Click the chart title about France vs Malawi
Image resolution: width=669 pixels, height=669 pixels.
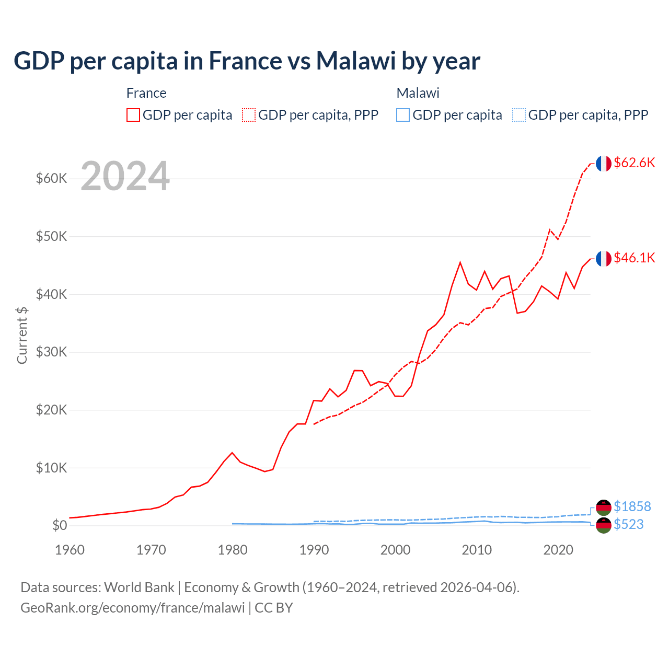point(247,61)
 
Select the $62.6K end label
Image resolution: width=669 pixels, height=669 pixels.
point(634,163)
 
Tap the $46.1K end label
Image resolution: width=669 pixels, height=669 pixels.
point(634,258)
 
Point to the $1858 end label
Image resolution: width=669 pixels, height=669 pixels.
point(632,506)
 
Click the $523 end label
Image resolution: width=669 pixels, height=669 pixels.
point(628,524)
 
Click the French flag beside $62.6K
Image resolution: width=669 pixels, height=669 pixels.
point(604,164)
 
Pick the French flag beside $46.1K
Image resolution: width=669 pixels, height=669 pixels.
point(604,259)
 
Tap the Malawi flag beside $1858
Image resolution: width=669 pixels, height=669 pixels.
point(604,507)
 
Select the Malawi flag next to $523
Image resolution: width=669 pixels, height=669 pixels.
point(604,525)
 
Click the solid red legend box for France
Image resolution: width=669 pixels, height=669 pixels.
point(133,115)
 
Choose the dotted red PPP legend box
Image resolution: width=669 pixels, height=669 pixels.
point(249,115)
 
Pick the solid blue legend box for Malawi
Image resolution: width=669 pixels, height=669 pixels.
point(403,115)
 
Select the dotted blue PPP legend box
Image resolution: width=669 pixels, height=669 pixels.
point(519,115)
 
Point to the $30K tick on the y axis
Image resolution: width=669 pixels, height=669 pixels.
point(51,352)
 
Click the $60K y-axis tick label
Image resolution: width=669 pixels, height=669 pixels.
point(51,179)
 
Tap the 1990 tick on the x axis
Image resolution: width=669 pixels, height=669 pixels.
point(314,550)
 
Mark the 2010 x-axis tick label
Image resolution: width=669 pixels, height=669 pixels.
point(477,550)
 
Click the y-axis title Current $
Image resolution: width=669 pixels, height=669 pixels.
point(22,336)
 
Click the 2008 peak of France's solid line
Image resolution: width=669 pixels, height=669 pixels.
point(460,262)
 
